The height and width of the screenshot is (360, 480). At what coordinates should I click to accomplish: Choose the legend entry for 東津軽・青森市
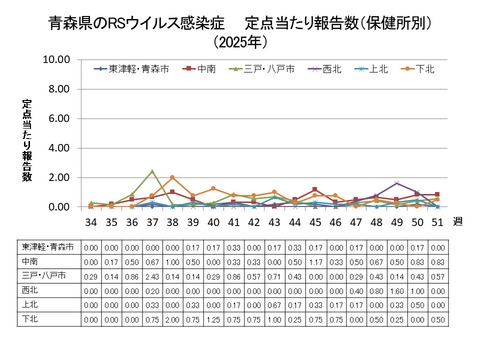(x=132, y=69)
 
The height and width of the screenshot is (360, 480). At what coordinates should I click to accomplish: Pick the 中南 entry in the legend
(x=203, y=69)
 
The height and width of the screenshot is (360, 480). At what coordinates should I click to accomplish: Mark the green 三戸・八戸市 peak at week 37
(x=152, y=171)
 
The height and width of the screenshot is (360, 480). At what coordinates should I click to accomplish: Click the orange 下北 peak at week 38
(x=172, y=178)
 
